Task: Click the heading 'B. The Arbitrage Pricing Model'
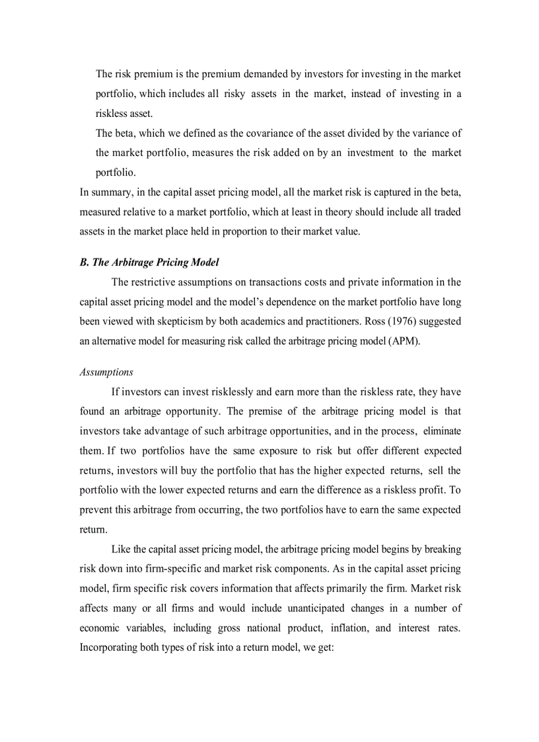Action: click(149, 262)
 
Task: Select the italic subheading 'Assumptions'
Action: click(106, 372)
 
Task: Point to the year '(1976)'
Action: click(429, 322)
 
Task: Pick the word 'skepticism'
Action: click(178, 322)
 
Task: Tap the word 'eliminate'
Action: click(441, 431)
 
